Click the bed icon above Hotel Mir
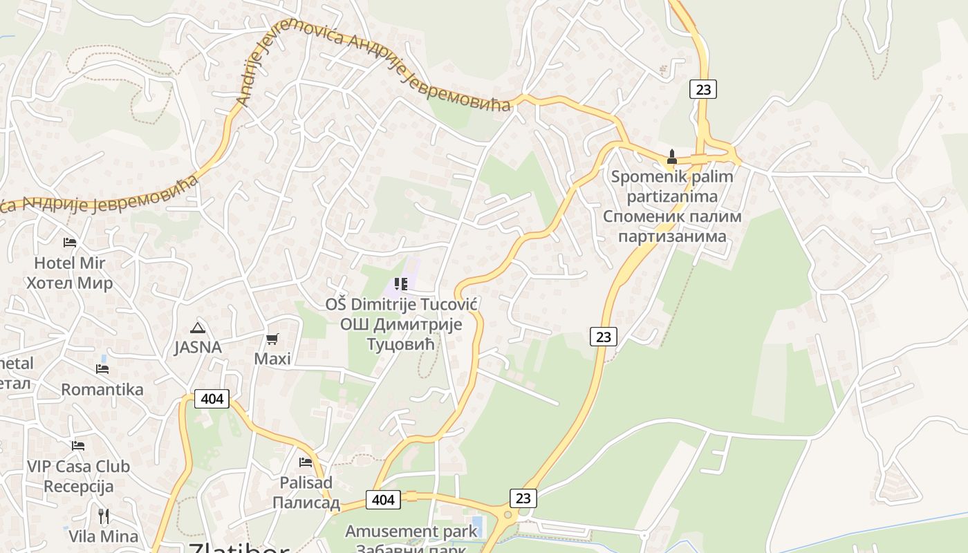pos(70,243)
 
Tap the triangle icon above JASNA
pos(198,328)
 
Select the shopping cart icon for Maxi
pos(272,339)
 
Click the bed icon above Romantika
pos(102,368)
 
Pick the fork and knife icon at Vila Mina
pos(104,516)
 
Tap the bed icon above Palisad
pos(306,462)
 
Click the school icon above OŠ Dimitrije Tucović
pos(400,284)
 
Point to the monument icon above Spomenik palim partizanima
pos(671,157)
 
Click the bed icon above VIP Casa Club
pos(78,446)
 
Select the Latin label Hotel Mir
pos(70,263)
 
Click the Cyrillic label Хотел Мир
pos(70,283)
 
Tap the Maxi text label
pos(272,359)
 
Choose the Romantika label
pos(102,389)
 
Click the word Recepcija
pos(78,487)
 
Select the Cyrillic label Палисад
pos(306,503)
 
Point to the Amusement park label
pos(411,531)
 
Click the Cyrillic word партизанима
pos(672,236)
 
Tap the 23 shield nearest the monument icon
pos(702,89)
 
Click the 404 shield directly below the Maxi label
pos(212,399)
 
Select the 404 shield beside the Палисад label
pos(383,500)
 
